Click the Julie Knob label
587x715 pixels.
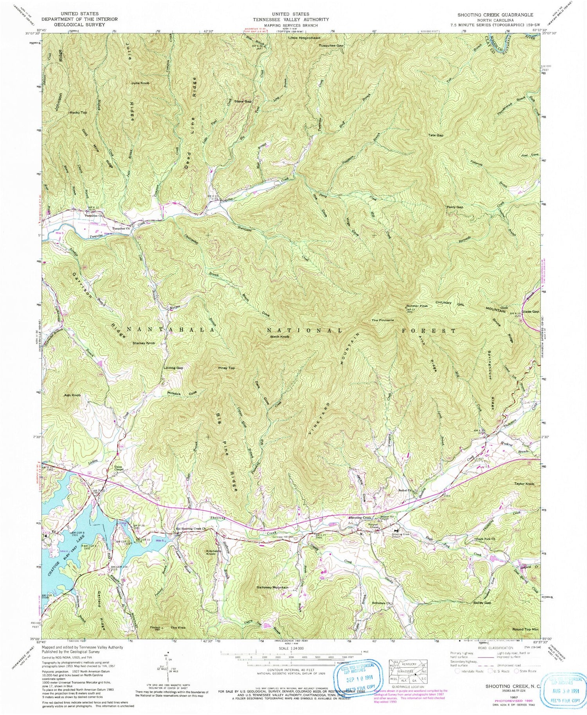coord(140,83)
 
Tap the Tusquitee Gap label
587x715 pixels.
coord(331,45)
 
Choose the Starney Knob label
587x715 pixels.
coord(144,343)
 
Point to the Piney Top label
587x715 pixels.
coord(226,368)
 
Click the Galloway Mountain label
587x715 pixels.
coord(272,587)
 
